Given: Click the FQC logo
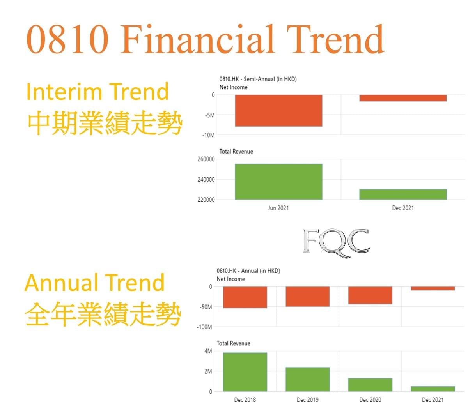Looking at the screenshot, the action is (336, 243).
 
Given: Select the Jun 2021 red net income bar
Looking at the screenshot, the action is (278, 111).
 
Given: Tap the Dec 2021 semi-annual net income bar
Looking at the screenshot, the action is (403, 98).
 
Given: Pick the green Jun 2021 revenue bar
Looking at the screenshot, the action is (278, 182).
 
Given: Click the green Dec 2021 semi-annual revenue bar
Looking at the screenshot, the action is (403, 194).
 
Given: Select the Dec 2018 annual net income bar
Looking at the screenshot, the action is (245, 297).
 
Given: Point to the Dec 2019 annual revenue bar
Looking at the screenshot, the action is (307, 379).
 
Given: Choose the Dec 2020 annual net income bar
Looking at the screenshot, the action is (370, 295).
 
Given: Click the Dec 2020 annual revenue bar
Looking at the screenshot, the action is (370, 385).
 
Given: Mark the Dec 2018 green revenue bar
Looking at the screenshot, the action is (245, 372).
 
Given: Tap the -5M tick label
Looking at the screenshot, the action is (210, 115).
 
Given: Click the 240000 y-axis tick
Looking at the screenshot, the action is (206, 179).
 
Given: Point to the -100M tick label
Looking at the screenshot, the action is (204, 327).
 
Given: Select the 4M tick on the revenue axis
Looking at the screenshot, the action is (208, 351).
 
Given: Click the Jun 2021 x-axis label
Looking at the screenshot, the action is (278, 208).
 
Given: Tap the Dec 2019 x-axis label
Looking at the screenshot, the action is (307, 400).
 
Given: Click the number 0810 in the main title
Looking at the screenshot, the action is (67, 39).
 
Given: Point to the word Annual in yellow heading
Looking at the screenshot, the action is (61, 283).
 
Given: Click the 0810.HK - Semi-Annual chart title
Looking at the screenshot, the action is (258, 79).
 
